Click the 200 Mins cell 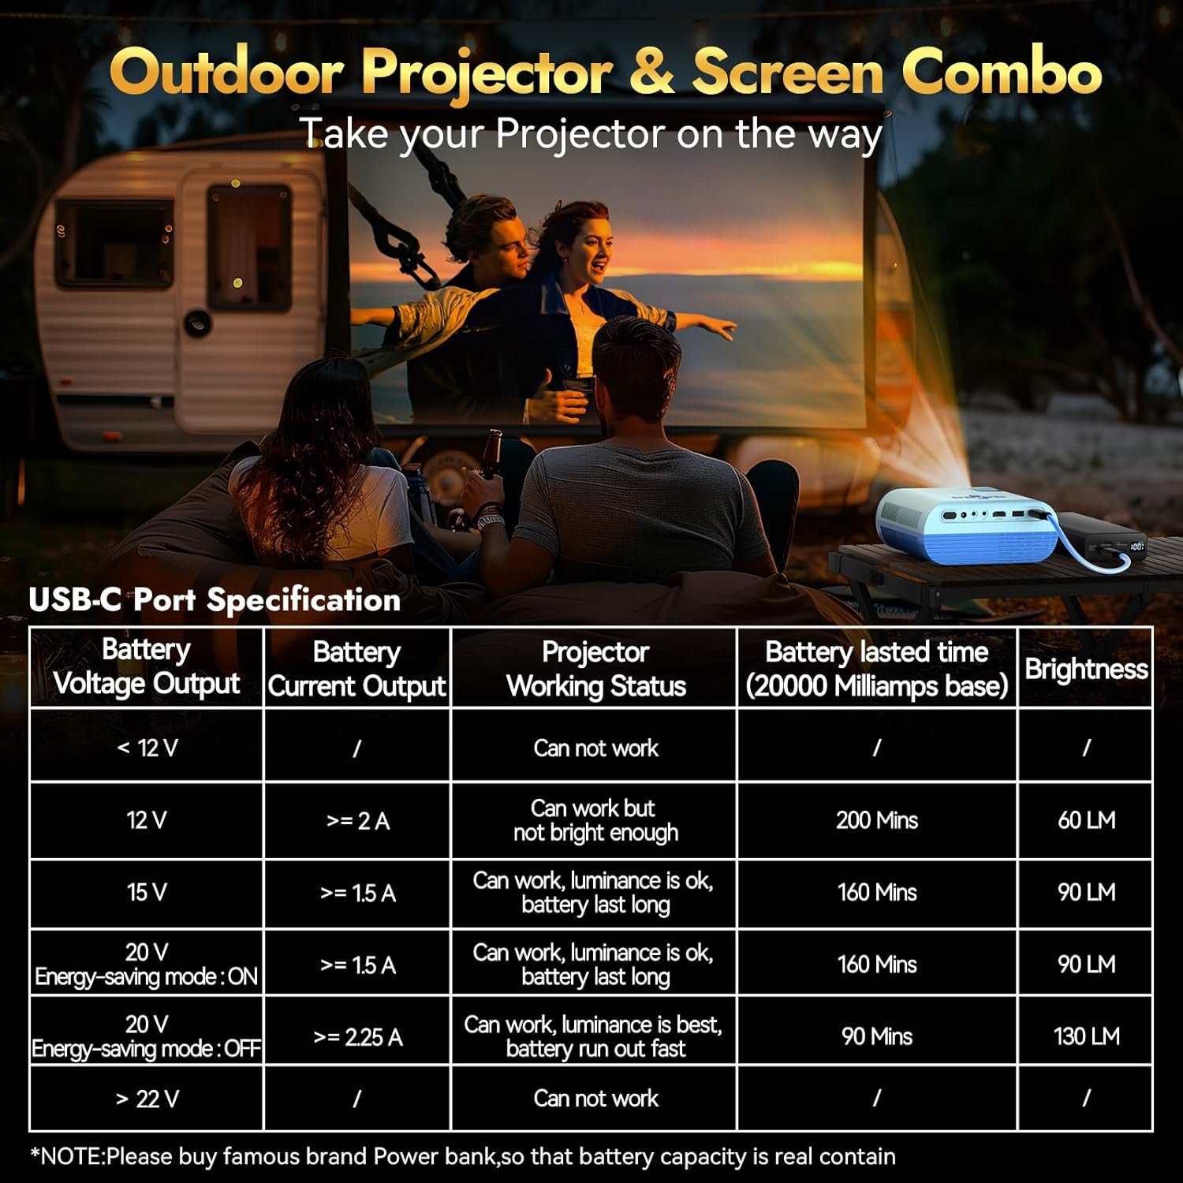877,820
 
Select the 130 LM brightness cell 1086,1036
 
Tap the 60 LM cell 1086,820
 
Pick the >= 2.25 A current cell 357,1036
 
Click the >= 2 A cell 357,820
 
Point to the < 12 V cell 147,747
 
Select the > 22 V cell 147,1098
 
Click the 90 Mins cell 877,1036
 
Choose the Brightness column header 1086,669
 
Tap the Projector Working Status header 595,669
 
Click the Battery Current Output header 357,669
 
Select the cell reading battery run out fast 595,1036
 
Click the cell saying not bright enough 595,820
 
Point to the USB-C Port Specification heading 215,600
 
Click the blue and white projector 967,524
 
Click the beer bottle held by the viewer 491,455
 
